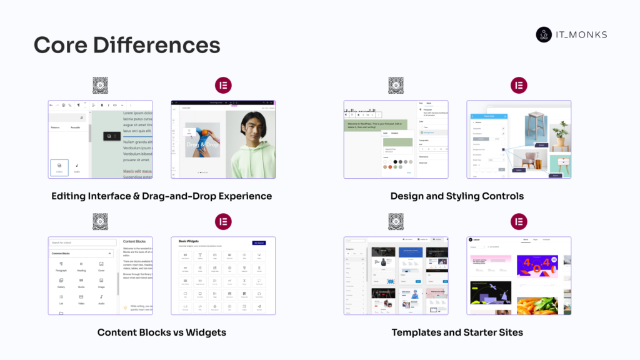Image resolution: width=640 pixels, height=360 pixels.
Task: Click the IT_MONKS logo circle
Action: point(544,34)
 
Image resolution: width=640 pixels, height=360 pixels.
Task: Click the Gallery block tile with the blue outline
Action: point(59,167)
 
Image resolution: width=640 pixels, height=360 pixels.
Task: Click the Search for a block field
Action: point(82,242)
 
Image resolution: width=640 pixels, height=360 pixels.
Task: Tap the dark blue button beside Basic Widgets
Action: point(259,242)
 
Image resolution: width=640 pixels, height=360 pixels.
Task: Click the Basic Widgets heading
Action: point(191,241)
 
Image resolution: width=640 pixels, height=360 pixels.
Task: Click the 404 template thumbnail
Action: point(537,265)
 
